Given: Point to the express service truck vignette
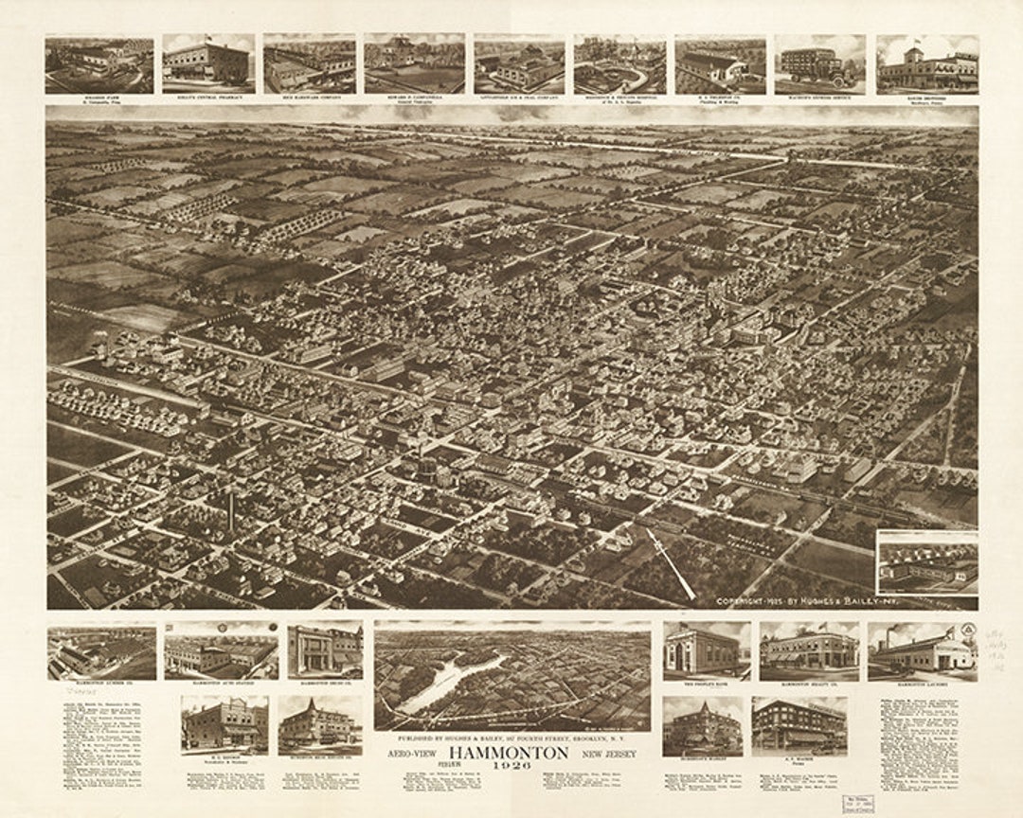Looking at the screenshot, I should click(819, 64).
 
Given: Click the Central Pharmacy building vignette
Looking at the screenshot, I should click(207, 64).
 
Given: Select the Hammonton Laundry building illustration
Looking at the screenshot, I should click(922, 650).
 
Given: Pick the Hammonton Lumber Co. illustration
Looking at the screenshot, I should click(101, 652).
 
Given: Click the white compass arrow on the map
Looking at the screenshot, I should click(671, 563).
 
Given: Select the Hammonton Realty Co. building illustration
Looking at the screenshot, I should click(808, 650).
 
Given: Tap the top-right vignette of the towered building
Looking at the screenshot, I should click(926, 64).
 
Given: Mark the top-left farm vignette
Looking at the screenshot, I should click(99, 64).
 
